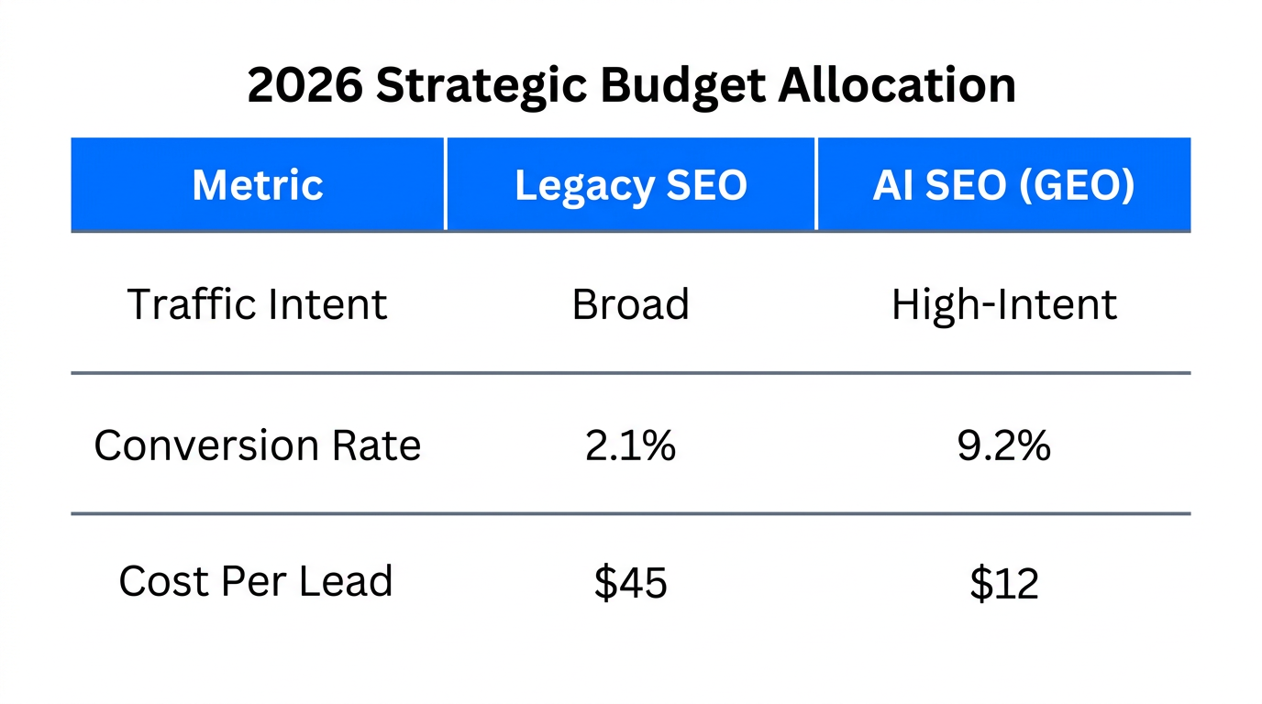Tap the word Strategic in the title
point(482,85)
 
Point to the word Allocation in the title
point(897,85)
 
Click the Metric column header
point(258,185)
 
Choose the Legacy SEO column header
point(631,185)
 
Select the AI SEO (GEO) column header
point(1003,185)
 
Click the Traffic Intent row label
point(258,304)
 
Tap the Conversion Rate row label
point(258,445)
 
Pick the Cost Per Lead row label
point(256,581)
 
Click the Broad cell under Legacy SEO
point(631,304)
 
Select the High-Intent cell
point(1004,304)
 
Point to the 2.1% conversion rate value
point(631,445)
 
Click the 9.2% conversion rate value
point(1004,445)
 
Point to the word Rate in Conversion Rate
point(379,445)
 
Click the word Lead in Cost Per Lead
point(352,581)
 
